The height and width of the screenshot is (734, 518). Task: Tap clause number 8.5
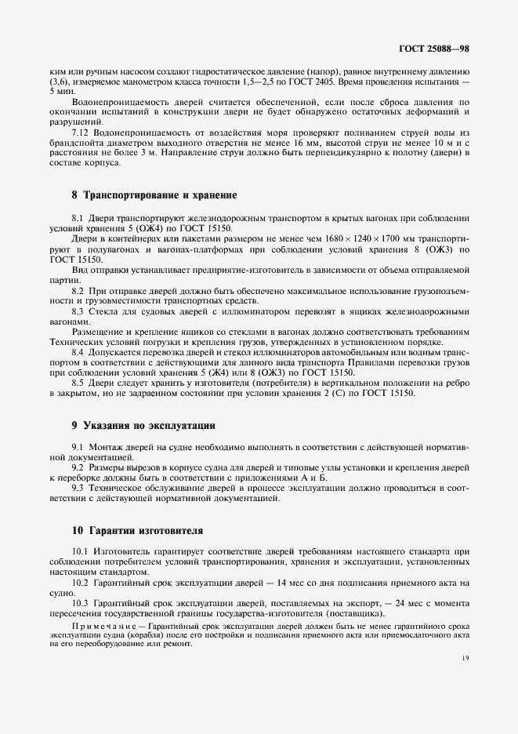78,383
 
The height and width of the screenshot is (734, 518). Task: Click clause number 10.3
80,601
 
